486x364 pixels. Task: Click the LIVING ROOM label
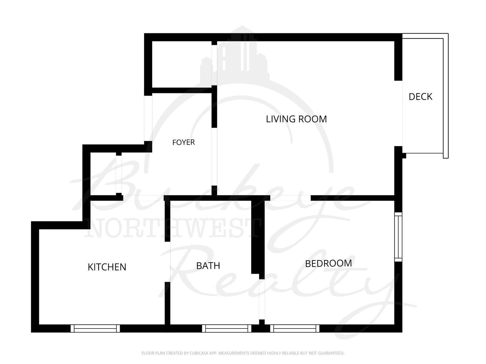[x=296, y=119]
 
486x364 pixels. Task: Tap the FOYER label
[x=184, y=142]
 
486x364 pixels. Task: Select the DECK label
[x=420, y=97]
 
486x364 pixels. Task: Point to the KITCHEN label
[x=107, y=267]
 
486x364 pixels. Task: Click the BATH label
[x=208, y=266]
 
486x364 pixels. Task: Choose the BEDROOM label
[x=328, y=264]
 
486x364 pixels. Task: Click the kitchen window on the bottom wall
[x=95, y=328]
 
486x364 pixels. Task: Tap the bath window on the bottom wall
[x=226, y=328]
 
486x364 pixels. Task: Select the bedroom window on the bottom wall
[x=295, y=328]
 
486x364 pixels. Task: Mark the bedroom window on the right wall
[x=398, y=237]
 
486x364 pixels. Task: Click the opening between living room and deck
[x=398, y=113]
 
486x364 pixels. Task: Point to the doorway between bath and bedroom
[x=262, y=300]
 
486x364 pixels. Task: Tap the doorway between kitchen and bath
[x=167, y=262]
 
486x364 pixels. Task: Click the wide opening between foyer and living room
[x=214, y=157]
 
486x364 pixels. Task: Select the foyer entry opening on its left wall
[x=148, y=118]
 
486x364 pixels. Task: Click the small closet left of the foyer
[x=103, y=174]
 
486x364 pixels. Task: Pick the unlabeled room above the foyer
[x=182, y=64]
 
